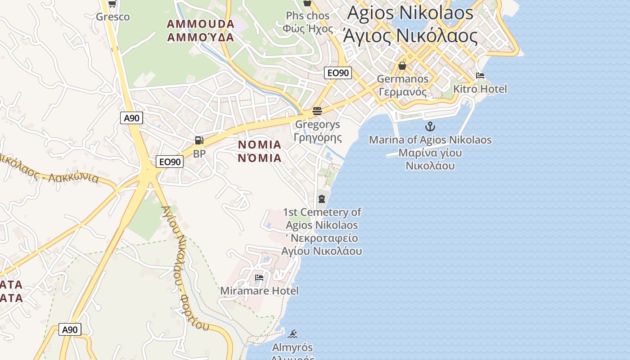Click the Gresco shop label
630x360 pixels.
[x=112, y=17]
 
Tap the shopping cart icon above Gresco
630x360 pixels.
[x=112, y=4]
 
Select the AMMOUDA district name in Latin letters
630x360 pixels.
[x=201, y=24]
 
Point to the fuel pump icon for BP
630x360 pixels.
[x=199, y=140]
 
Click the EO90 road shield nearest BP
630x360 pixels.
[x=170, y=162]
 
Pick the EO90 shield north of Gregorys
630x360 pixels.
[x=337, y=73]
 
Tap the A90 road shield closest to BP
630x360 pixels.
[x=131, y=118]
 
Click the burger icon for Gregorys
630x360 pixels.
[x=317, y=111]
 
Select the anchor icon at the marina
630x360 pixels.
[x=430, y=126]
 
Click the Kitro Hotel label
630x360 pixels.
[x=480, y=89]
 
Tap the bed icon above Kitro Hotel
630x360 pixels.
[x=480, y=76]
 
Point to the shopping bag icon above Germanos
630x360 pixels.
[x=402, y=66]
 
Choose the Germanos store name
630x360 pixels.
[x=402, y=79]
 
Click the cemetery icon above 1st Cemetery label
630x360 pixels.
[x=322, y=198]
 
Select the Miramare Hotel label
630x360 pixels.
[x=259, y=291]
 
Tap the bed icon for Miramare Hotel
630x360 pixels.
[x=259, y=278]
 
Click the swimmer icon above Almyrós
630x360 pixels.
[x=293, y=334]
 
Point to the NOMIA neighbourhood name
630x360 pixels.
[x=260, y=145]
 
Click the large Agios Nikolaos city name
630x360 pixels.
[x=410, y=13]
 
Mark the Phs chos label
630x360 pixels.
[x=308, y=16]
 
